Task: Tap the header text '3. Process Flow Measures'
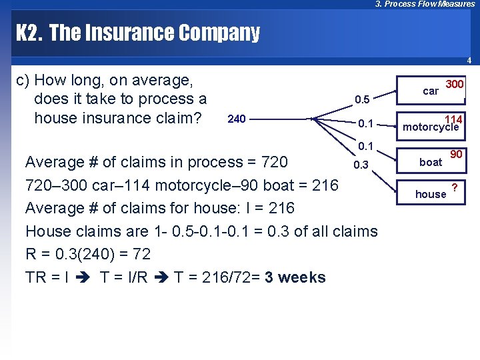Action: click(425, 4)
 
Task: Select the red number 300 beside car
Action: click(455, 85)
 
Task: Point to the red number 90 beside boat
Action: click(456, 154)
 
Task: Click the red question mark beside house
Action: click(454, 187)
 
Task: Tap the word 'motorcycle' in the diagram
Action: click(431, 127)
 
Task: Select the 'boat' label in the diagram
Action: click(430, 162)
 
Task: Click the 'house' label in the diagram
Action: click(431, 194)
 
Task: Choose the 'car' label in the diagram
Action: click(431, 91)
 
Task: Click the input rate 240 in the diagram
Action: click(237, 120)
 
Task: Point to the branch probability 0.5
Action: click(362, 100)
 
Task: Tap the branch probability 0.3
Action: click(361, 165)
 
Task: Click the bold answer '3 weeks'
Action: click(295, 277)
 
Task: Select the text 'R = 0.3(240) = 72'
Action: click(88, 254)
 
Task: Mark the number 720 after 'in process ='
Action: click(274, 162)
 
